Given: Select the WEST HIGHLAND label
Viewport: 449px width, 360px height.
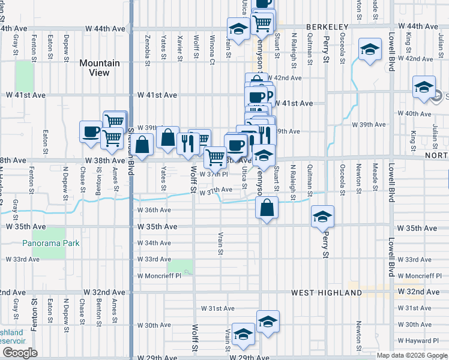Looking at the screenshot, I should (x=327, y=293).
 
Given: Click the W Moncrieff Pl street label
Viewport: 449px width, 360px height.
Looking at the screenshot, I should (x=159, y=276).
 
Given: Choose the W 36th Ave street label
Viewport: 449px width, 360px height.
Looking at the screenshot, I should (x=154, y=210).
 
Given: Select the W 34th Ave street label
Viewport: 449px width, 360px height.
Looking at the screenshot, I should (x=154, y=243).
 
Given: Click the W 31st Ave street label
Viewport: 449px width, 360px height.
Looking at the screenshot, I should (x=217, y=308).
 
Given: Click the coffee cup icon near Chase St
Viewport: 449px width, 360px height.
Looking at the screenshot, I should (x=91, y=131).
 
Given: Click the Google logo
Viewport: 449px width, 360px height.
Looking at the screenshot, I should (x=20, y=353).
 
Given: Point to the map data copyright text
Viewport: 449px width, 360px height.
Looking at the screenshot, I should (x=412, y=355).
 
